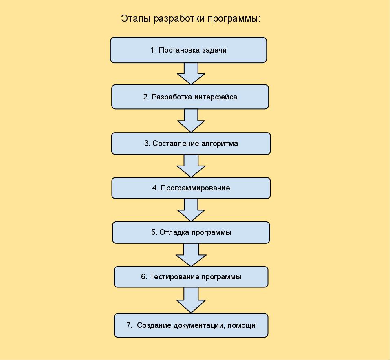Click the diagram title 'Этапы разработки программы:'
point(191,19)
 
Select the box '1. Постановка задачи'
point(188,50)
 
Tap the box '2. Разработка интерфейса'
point(190,97)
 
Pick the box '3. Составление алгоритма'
point(191,144)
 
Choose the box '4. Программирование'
point(191,188)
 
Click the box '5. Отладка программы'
point(191,232)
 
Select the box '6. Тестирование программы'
point(191,277)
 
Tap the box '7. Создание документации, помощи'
point(191,325)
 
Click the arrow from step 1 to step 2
point(191,73)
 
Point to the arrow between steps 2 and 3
point(191,120)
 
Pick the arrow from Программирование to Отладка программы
point(191,210)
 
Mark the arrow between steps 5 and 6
point(191,254)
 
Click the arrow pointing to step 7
point(191,300)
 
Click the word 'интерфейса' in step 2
point(216,97)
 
